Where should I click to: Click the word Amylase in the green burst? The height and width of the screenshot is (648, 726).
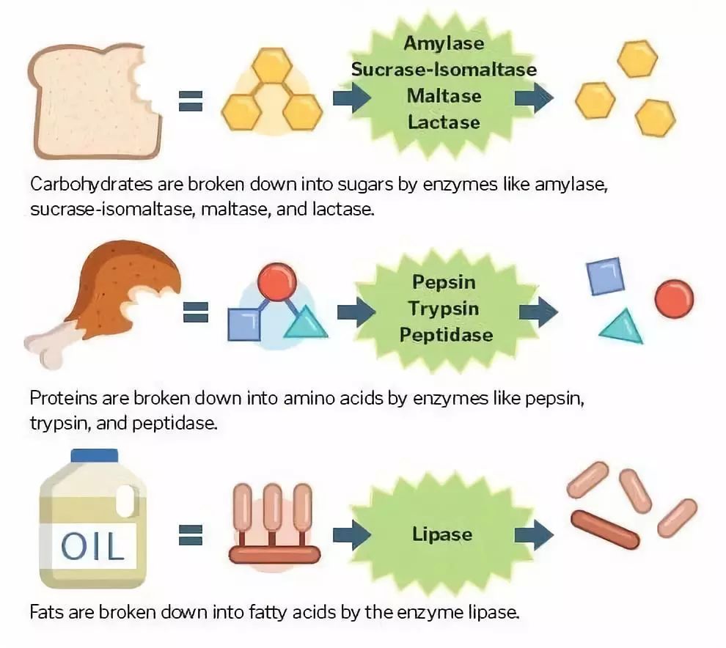click(x=444, y=43)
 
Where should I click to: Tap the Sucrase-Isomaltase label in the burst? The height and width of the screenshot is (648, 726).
click(x=444, y=70)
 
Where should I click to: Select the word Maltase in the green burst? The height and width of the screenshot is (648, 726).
click(x=444, y=96)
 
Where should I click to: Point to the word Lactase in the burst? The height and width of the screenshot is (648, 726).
click(x=444, y=122)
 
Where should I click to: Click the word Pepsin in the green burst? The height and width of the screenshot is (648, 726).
click(x=444, y=282)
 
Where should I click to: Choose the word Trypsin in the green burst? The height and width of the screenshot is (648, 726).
click(x=444, y=309)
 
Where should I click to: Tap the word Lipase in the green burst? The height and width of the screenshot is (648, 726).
click(x=442, y=534)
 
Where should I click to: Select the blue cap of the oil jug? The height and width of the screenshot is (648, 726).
click(x=94, y=455)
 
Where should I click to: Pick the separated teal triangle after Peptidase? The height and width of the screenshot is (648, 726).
click(x=621, y=328)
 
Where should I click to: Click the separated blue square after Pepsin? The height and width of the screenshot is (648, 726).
click(x=605, y=277)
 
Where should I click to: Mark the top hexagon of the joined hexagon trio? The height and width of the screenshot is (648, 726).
click(x=271, y=65)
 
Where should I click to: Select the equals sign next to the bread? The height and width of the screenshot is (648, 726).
click(x=191, y=101)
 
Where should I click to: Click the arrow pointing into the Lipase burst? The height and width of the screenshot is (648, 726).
click(x=351, y=534)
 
